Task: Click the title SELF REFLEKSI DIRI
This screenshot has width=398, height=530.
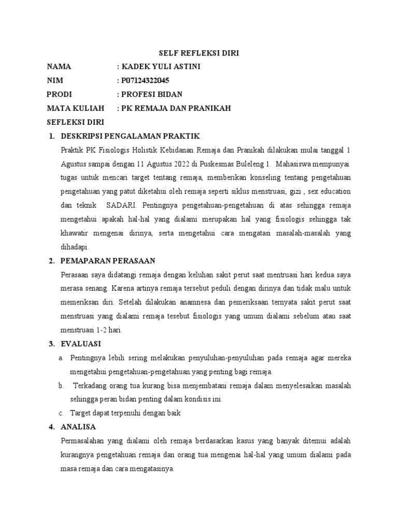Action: (198, 53)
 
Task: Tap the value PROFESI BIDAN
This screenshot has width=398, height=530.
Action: (152, 94)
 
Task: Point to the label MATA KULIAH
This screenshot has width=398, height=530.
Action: (76, 108)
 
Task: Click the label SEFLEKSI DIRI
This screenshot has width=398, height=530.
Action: (76, 122)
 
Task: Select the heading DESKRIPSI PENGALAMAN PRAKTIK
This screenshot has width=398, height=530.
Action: (130, 136)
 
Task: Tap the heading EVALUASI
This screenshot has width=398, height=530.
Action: (81, 344)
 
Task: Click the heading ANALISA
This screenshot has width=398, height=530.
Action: (78, 427)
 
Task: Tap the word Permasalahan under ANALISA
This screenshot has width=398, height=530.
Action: (83, 441)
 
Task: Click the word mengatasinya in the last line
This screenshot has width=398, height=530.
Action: (154, 469)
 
